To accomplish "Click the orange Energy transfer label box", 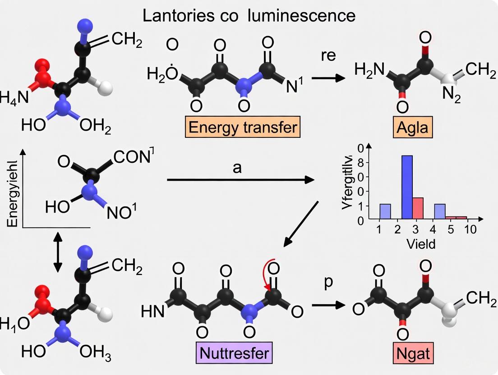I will click(243, 128).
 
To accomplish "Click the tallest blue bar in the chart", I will click(407, 187).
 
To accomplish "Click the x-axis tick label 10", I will click(470, 229).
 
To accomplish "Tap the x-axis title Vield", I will click(420, 244).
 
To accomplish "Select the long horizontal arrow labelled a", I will click(240, 180).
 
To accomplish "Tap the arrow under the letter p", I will click(327, 305).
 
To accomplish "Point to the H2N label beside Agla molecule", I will click(369, 70).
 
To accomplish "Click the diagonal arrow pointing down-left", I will click(301, 224).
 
